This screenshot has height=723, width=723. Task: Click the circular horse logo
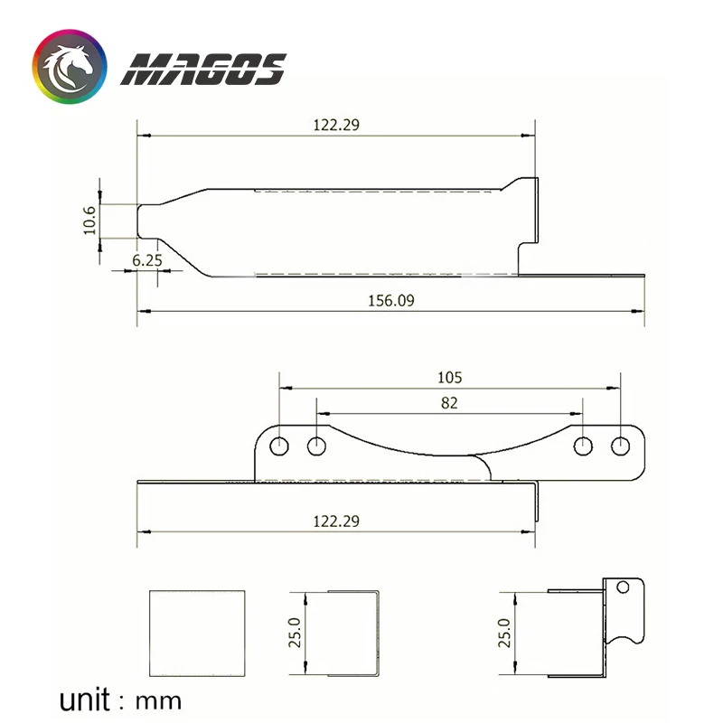(70, 67)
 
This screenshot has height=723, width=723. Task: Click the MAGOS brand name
(203, 70)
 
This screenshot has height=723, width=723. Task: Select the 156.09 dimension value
(391, 301)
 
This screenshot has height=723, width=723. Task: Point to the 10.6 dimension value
(89, 221)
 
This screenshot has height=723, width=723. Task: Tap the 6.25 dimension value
(147, 260)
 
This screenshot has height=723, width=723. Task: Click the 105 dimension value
(449, 378)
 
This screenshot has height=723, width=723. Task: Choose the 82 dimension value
(449, 403)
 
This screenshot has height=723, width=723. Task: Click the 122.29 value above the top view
(336, 125)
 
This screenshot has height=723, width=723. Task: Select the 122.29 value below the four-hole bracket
(336, 521)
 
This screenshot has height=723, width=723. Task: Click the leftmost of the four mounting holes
(279, 446)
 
